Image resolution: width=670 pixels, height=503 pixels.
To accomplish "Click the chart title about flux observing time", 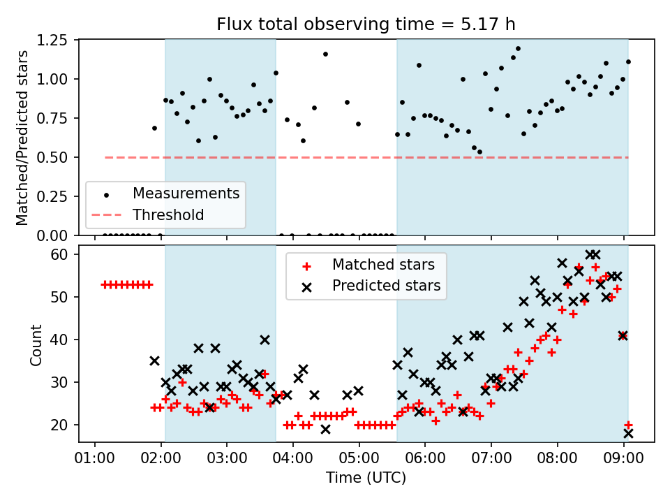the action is coord(366,24).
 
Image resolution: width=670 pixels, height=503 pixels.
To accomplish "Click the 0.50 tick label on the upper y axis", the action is coord(52,157).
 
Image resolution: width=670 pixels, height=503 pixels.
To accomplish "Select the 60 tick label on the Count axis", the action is coord(59,254).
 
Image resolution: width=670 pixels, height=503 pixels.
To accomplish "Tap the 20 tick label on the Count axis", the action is coord(59,425).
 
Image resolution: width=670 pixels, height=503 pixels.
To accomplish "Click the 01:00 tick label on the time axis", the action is coord(94,458).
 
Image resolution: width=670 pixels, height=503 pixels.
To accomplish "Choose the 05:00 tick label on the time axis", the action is coord(359,458).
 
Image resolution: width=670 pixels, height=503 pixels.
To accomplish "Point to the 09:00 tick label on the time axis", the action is coord(623,458).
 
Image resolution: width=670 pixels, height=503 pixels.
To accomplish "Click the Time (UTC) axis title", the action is coord(366,477).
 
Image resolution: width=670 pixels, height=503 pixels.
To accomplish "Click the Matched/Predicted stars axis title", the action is coord(22,138).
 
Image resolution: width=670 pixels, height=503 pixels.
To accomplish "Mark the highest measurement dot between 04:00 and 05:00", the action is coord(326,54).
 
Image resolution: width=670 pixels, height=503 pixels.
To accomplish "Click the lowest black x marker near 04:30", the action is coord(326,429).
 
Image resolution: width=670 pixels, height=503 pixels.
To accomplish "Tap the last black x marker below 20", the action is coord(628,434).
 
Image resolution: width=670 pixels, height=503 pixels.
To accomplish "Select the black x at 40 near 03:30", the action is coord(265,340).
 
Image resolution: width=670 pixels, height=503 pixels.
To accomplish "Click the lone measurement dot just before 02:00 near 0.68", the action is coord(155,129).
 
